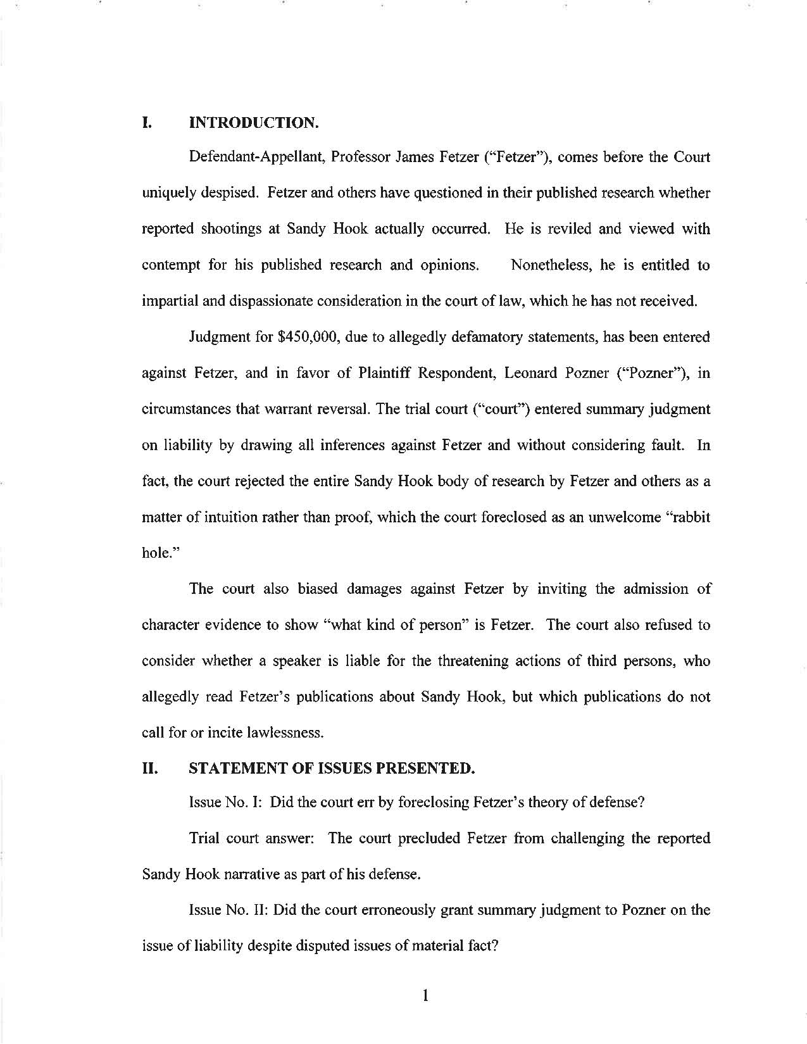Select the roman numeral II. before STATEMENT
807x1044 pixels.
tap(149, 769)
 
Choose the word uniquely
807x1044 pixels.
tap(166, 193)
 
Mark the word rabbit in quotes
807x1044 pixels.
tap(691, 517)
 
